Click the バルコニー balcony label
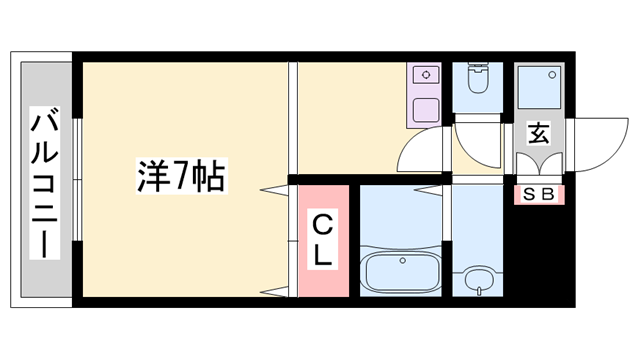43,185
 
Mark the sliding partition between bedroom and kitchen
293,120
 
